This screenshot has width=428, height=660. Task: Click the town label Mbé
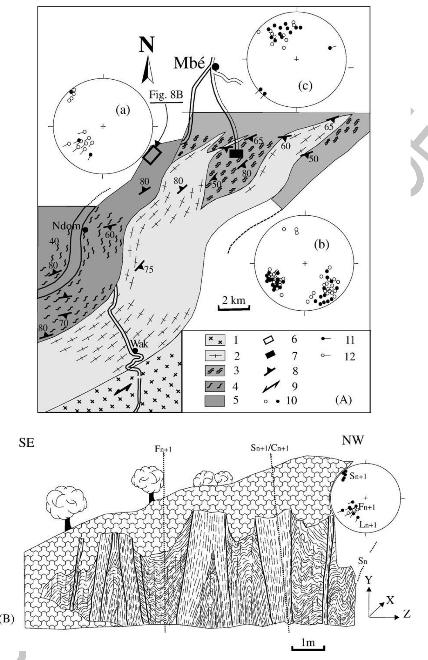coord(189,63)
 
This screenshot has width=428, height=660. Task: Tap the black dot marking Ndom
coord(85,230)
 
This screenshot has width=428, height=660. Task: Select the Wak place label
coord(139,344)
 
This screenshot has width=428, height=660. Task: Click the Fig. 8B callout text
coord(166,95)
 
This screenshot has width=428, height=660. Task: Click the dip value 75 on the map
coord(149,270)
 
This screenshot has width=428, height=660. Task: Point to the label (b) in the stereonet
coord(321,245)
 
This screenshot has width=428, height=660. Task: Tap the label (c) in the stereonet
coord(305,85)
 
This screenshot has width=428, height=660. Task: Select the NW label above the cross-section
coord(352,441)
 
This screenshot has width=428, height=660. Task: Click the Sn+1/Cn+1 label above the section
coord(269,448)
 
